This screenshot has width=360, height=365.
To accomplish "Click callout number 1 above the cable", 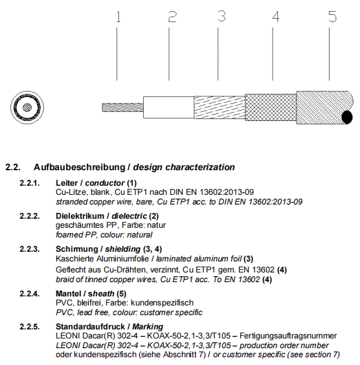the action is click(x=118, y=17).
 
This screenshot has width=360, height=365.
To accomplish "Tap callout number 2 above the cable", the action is click(x=172, y=17).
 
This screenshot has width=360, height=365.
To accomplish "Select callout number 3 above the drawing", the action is click(x=221, y=16).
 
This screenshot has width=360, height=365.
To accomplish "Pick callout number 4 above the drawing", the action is click(x=276, y=17).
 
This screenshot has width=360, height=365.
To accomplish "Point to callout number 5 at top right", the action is click(x=333, y=17).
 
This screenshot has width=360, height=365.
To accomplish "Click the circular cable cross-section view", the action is click(x=27, y=107).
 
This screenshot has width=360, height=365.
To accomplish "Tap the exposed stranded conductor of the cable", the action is click(x=122, y=107).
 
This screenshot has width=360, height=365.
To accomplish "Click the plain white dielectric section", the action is click(x=168, y=107).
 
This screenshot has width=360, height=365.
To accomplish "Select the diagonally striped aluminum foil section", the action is click(x=219, y=107).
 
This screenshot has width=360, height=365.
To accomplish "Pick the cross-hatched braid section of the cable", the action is click(x=271, y=107).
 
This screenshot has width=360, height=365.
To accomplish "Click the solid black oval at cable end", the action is click(x=347, y=117).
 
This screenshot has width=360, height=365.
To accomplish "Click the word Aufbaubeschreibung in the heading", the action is click(x=79, y=167).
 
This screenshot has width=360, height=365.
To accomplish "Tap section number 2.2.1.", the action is click(x=30, y=183).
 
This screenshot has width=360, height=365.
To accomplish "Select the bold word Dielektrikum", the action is click(x=80, y=216).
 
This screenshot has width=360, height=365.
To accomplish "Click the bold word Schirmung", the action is click(x=76, y=249).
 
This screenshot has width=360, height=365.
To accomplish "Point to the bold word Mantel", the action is click(x=68, y=294).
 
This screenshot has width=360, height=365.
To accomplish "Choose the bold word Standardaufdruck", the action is click(x=91, y=327).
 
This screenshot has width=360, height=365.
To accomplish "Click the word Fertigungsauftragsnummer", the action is click(x=288, y=336).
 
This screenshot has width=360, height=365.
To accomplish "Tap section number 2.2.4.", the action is click(x=30, y=294).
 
